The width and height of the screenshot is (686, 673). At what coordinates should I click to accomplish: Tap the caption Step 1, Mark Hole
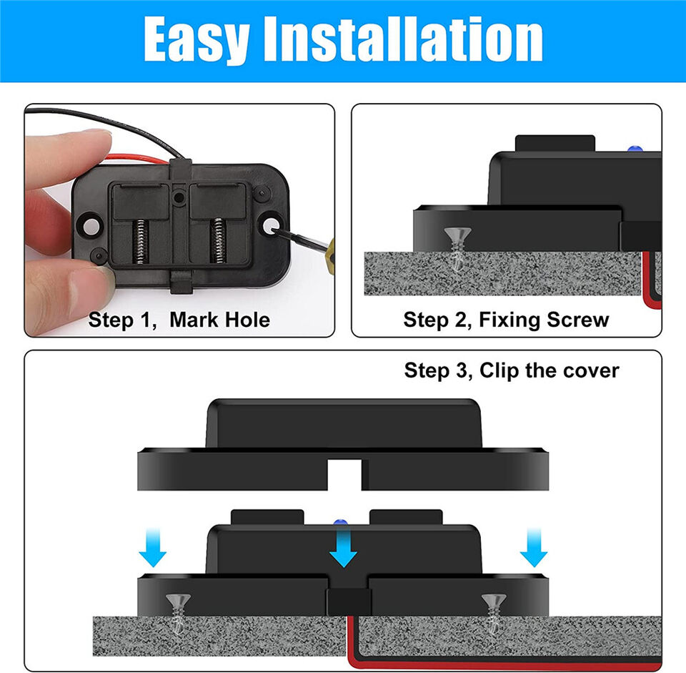click(179, 319)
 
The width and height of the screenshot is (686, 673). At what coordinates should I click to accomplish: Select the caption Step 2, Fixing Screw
click(506, 319)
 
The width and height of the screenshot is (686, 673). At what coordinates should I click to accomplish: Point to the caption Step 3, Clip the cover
click(512, 370)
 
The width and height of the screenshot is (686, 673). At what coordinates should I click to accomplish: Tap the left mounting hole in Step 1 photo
click(90, 225)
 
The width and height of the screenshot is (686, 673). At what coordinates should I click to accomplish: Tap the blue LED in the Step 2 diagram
click(632, 150)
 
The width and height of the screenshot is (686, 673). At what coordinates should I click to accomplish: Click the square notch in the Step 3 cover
click(343, 472)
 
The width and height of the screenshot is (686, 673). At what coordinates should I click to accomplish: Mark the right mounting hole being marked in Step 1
click(272, 225)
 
